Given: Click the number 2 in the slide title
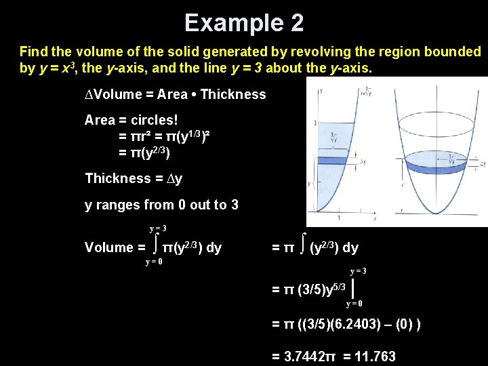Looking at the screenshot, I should click(x=296, y=22).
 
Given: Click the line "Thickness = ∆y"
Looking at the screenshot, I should click(x=134, y=179).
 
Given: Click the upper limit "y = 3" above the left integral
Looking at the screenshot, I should click(x=159, y=228).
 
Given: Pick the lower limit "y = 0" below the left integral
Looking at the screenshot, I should click(x=154, y=263).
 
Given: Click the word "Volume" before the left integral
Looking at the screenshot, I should click(x=108, y=248).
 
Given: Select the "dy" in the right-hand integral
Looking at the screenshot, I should click(x=350, y=248).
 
